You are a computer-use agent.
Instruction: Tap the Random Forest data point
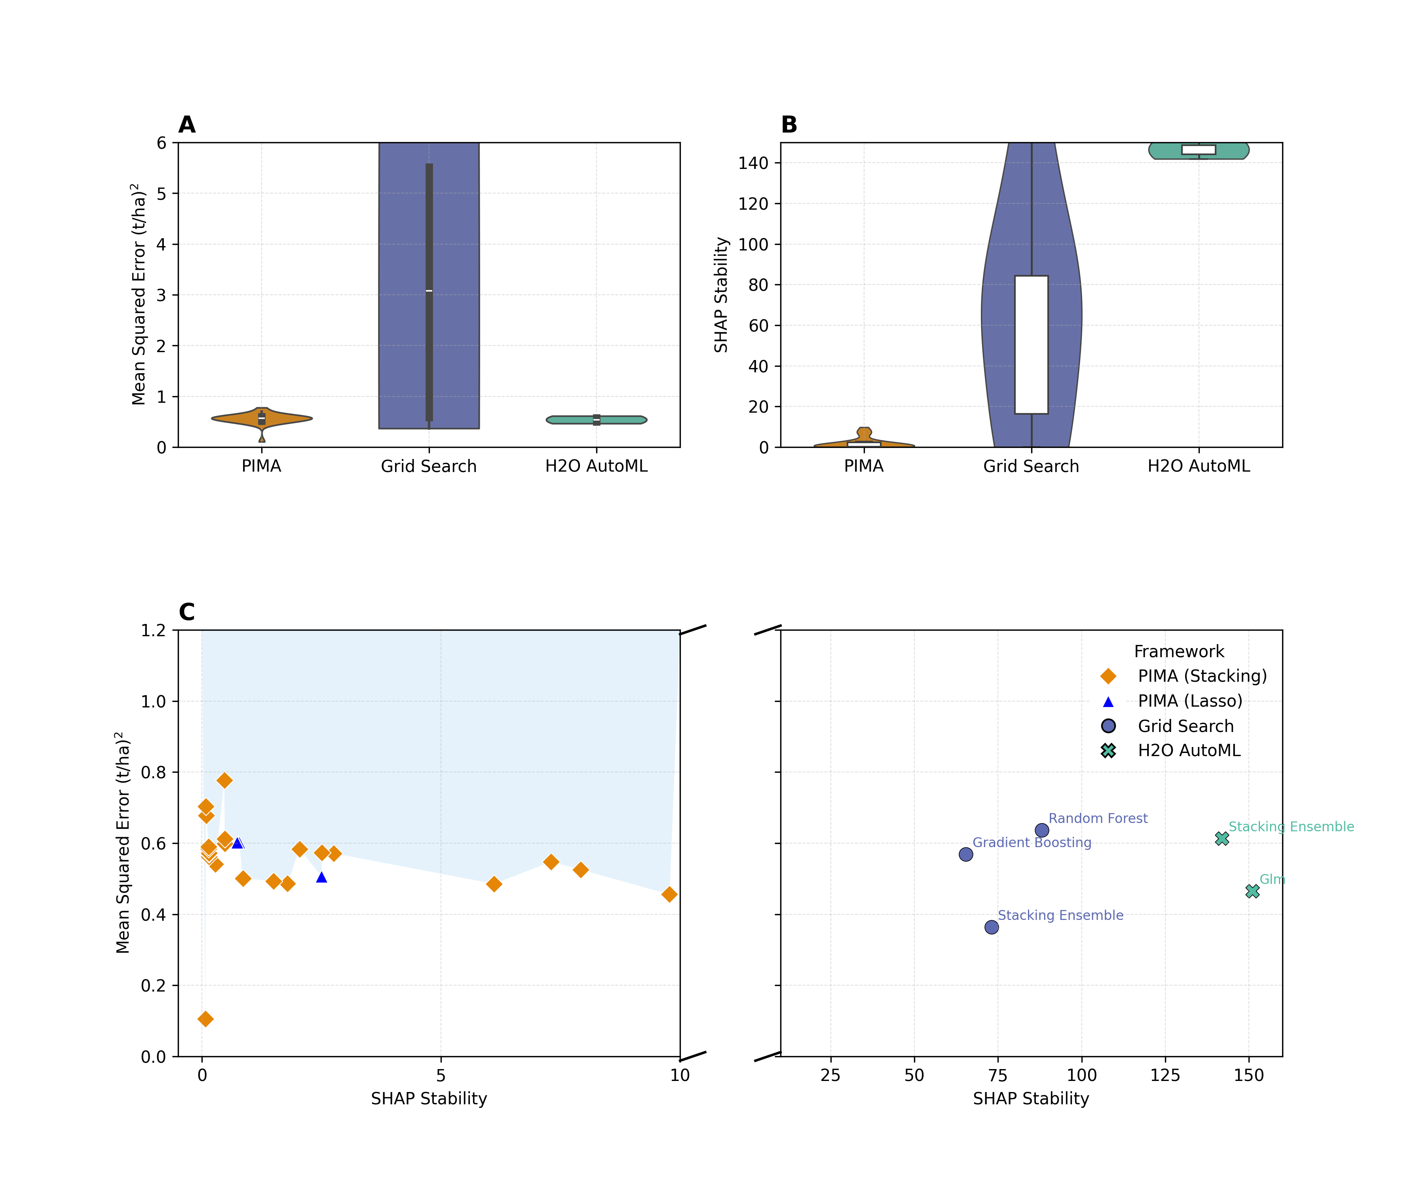click(1041, 830)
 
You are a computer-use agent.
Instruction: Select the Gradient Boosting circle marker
click(965, 854)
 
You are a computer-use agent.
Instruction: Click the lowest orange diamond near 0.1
click(205, 1019)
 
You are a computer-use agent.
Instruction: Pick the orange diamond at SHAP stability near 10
click(669, 894)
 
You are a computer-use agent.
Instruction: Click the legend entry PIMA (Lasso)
click(1189, 701)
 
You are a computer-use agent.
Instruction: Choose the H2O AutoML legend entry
click(1189, 750)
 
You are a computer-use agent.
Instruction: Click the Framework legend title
click(1179, 651)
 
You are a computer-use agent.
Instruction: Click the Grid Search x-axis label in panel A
click(429, 466)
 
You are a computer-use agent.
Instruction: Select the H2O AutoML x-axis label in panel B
click(1198, 466)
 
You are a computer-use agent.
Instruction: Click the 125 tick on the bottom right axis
click(1165, 1075)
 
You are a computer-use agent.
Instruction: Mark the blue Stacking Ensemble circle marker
click(992, 927)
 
